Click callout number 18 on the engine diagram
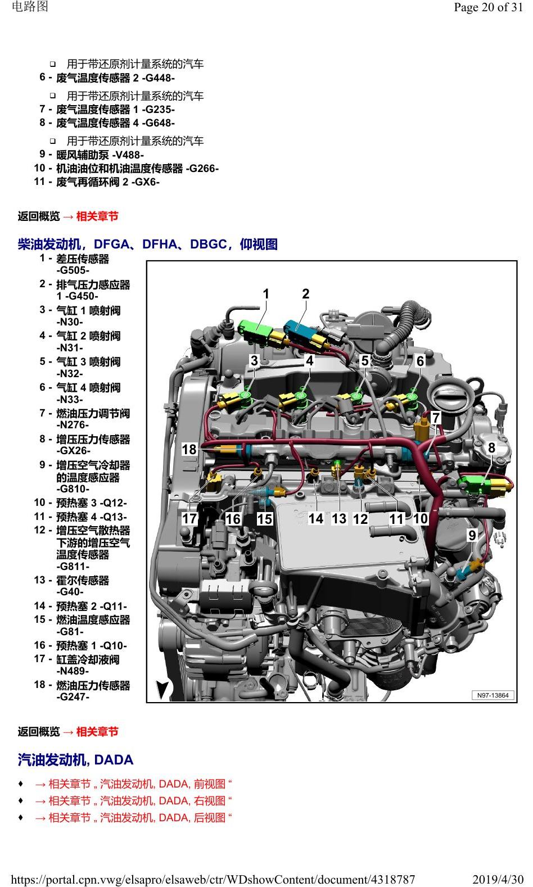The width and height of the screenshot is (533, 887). click(x=189, y=449)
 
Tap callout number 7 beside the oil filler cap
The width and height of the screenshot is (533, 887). click(x=436, y=418)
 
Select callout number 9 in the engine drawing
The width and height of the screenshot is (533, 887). click(x=472, y=535)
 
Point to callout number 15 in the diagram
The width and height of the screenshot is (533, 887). click(x=264, y=519)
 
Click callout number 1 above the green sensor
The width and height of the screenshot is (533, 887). click(x=266, y=294)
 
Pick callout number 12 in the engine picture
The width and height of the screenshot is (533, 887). click(x=360, y=519)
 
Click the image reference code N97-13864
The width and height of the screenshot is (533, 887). click(x=493, y=695)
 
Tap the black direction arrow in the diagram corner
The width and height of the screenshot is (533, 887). click(x=162, y=689)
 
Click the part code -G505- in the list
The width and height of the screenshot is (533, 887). click(x=73, y=270)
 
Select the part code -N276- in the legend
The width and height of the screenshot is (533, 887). click(x=73, y=425)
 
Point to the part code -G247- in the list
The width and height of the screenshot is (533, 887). click(x=73, y=696)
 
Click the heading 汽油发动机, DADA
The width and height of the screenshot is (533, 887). click(x=75, y=760)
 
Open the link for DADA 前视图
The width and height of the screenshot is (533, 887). click(x=133, y=784)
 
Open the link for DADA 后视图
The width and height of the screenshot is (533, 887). click(x=133, y=817)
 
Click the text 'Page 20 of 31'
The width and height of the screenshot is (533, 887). click(x=488, y=7)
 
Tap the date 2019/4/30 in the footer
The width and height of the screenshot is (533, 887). click(x=498, y=880)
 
